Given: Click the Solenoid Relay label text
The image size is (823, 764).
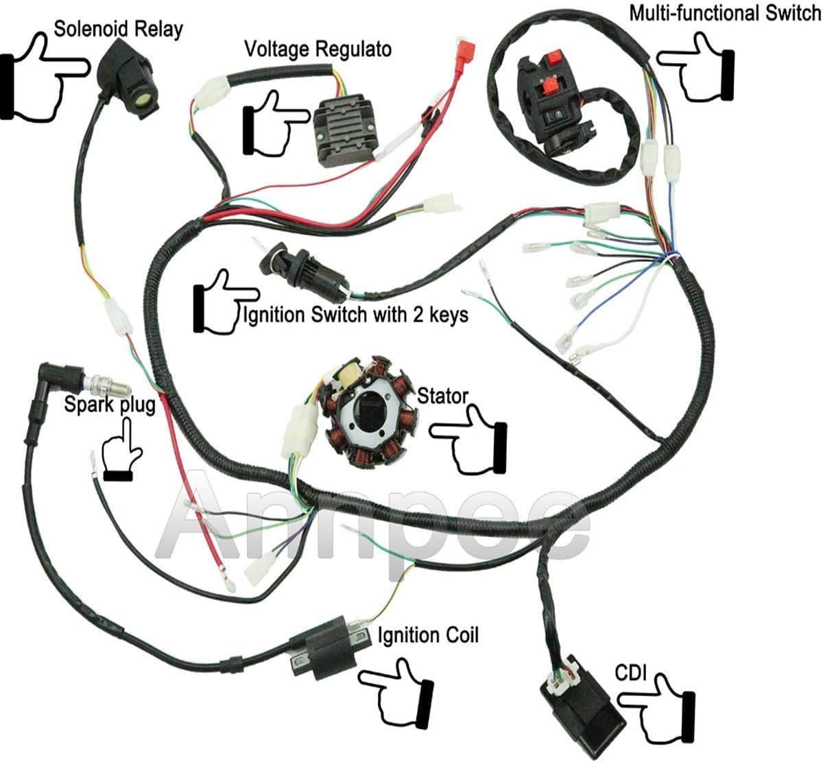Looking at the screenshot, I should [x=118, y=29].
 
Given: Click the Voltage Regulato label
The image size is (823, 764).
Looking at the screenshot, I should [x=318, y=49].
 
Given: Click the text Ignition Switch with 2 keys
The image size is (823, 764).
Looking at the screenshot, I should [x=356, y=315].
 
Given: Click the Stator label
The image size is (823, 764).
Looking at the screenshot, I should [x=442, y=396].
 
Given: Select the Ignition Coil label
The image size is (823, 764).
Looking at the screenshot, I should [x=428, y=636].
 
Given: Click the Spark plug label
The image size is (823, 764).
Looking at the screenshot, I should [x=110, y=404].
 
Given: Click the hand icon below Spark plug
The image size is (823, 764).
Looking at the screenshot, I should [x=121, y=453].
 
